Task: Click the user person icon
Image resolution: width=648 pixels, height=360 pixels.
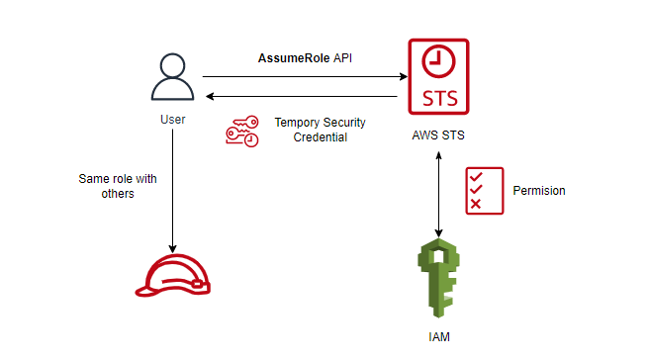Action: click(172, 77)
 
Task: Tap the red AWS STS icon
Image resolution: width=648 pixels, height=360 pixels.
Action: click(438, 77)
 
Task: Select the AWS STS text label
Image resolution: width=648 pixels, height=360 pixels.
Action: click(439, 134)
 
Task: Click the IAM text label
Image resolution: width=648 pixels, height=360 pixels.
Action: click(439, 337)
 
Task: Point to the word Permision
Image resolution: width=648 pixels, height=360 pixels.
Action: click(538, 190)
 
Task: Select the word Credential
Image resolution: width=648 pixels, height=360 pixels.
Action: click(320, 137)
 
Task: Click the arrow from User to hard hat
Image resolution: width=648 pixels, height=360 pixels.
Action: click(173, 188)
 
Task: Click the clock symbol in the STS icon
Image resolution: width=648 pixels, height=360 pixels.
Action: click(438, 61)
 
